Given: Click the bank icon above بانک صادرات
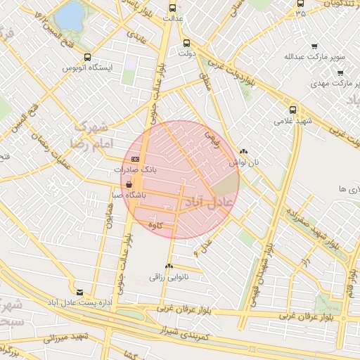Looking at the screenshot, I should [135, 160].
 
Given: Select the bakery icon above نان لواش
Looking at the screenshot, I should [243, 151].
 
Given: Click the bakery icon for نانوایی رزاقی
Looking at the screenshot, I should [168, 266].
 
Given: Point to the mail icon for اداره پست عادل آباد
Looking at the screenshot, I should [79, 292].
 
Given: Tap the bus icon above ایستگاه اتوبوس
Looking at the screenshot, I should [87, 58].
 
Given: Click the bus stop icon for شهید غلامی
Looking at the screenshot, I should [293, 110].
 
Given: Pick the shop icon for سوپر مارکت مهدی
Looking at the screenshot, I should [340, 72].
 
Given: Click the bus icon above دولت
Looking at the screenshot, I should [186, 42].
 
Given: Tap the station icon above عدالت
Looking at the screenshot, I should [173, 8].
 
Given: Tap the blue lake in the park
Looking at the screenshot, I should [68, 15].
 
